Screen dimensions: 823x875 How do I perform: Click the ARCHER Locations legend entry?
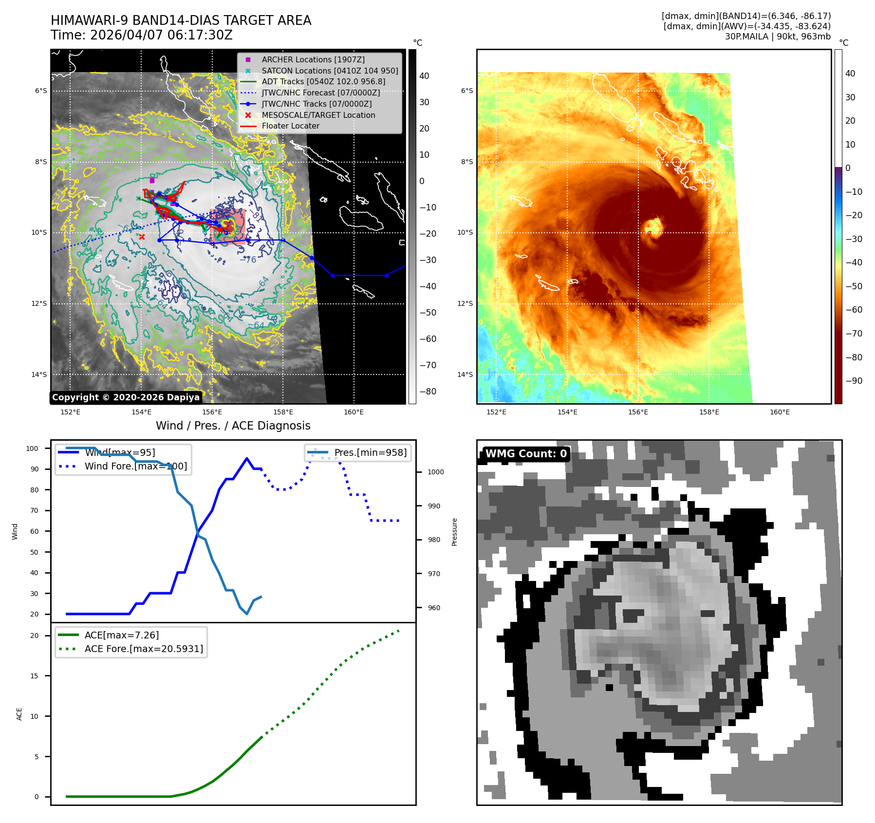pyautogui.click(x=313, y=59)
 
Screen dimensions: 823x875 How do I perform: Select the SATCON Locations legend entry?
pyautogui.click(x=329, y=71)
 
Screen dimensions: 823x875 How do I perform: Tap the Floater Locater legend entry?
pyautogui.click(x=290, y=126)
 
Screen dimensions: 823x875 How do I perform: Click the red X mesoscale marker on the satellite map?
pyautogui.click(x=142, y=237)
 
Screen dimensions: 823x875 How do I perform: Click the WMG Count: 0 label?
pyautogui.click(x=526, y=454)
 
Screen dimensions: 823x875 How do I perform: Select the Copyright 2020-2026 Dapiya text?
pyautogui.click(x=126, y=397)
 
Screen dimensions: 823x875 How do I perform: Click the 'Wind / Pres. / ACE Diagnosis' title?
pyautogui.click(x=233, y=426)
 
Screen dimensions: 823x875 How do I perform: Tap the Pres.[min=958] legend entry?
pyautogui.click(x=370, y=452)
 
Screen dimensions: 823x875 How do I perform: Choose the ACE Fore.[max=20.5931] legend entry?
pyautogui.click(x=144, y=649)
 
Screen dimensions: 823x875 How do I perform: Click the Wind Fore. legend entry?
pyautogui.click(x=135, y=466)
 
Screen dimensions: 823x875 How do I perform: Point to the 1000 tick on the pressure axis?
pyautogui.click(x=435, y=472)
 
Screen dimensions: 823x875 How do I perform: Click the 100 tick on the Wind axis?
pyautogui.click(x=32, y=449)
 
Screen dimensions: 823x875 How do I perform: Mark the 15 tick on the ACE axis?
pyautogui.click(x=34, y=676)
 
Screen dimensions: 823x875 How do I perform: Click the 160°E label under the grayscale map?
pyautogui.click(x=354, y=412)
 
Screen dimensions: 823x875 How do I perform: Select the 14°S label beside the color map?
pyautogui.click(x=465, y=374)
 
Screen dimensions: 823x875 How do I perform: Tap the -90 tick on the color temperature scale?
pyautogui.click(x=854, y=381)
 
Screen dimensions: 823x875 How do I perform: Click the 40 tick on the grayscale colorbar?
pyautogui.click(x=424, y=76)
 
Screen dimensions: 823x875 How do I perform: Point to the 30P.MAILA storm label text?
pyautogui.click(x=746, y=37)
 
